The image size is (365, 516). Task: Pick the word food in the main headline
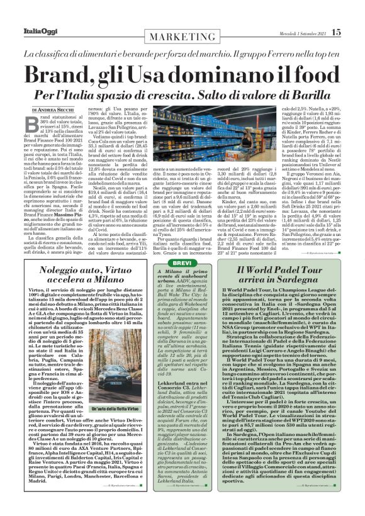[x=304, y=74]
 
